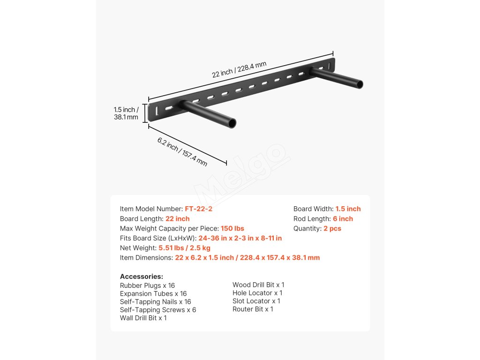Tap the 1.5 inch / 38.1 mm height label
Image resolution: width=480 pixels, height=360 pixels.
click(126, 113)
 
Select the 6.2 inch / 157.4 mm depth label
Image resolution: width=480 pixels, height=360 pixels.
click(182, 151)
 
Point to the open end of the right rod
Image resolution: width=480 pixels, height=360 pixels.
click(359, 84)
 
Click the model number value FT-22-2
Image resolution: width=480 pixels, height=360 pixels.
click(199, 209)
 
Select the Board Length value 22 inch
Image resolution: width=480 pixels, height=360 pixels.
click(178, 219)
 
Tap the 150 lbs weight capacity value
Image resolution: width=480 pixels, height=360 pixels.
click(232, 229)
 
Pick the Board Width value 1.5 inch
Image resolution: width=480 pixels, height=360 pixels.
click(348, 209)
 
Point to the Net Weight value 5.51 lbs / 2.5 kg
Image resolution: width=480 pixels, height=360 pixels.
click(184, 248)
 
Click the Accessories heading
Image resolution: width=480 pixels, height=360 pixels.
click(142, 277)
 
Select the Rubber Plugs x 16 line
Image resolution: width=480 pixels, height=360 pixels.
click(147, 285)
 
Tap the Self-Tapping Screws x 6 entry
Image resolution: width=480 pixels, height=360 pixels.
click(158, 310)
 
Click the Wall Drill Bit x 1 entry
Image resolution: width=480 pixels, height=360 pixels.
click(143, 318)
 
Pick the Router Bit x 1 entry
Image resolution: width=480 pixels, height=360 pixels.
click(253, 309)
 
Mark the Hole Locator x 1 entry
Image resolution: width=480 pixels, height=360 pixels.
click(257, 293)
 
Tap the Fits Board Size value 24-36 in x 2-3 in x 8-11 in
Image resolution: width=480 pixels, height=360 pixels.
click(240, 238)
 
